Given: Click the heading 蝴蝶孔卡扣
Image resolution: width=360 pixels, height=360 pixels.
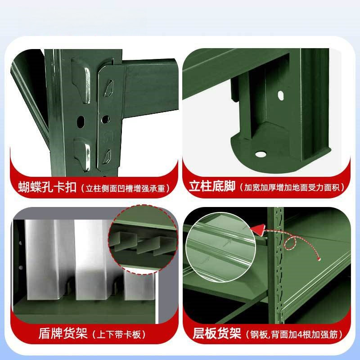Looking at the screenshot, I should coord(47,187).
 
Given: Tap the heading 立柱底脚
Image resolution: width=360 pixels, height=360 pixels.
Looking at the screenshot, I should coord(212,187).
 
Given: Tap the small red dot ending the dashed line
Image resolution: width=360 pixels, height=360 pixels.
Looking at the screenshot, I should coord(318,259).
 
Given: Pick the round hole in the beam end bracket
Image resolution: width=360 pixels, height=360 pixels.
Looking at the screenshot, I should coord(106,119).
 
